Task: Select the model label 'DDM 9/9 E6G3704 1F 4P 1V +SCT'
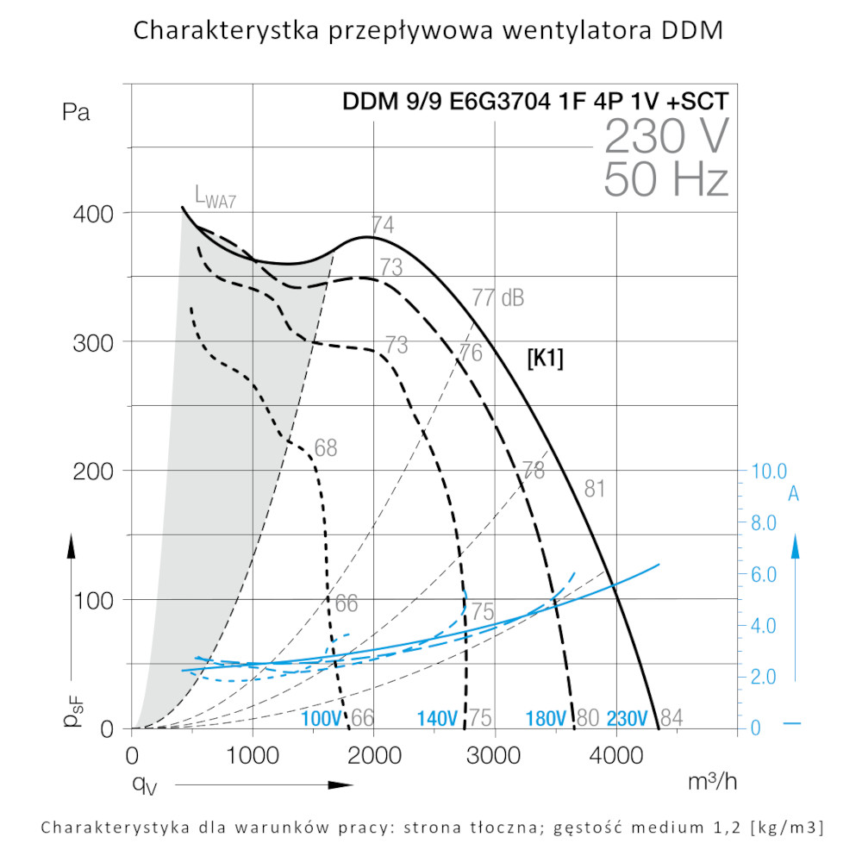(x=535, y=102)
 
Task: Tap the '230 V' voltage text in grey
(x=666, y=135)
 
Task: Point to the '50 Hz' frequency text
(x=666, y=178)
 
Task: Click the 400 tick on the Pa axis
(x=92, y=213)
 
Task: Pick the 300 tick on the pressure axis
(x=92, y=341)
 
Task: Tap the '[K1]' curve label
(x=545, y=359)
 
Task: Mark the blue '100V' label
(x=322, y=718)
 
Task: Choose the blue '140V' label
(x=437, y=718)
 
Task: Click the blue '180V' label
(x=547, y=718)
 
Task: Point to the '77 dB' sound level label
(x=497, y=298)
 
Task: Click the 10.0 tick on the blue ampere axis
(x=769, y=472)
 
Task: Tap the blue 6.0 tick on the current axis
(x=769, y=574)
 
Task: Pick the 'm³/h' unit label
(x=712, y=782)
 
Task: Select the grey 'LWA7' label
(x=215, y=198)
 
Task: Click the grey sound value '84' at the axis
(x=671, y=718)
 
